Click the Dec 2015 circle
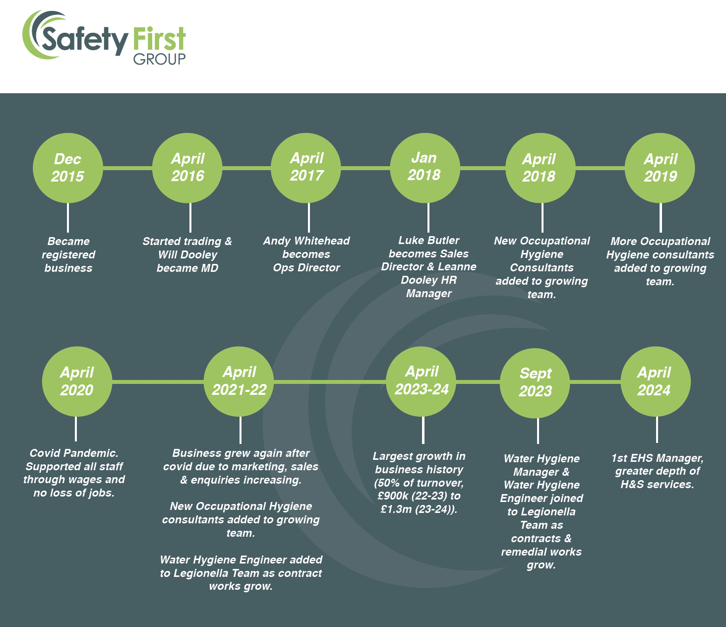(x=68, y=168)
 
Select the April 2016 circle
(x=187, y=168)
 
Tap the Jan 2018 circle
(x=425, y=168)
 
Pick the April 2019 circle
(x=660, y=168)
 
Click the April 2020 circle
(x=77, y=381)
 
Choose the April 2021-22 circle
(x=239, y=381)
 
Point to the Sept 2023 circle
(x=535, y=383)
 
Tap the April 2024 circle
(x=656, y=381)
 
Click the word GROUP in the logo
(x=159, y=60)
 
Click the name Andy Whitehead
(x=306, y=241)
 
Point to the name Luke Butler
(x=428, y=240)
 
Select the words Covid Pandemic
(x=74, y=453)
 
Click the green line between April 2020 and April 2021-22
(x=158, y=381)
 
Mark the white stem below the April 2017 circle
(x=309, y=217)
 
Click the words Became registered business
(x=68, y=254)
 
